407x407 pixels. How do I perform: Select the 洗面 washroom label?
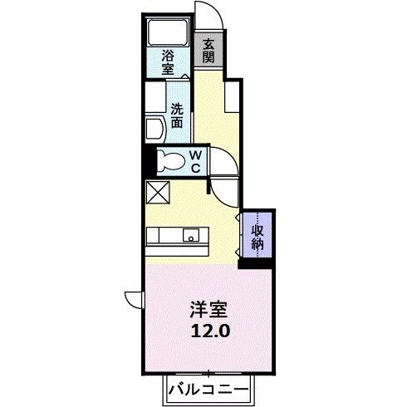click(177, 114)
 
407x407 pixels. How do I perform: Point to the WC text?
click(194, 160)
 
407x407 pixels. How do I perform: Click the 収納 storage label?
click(257, 235)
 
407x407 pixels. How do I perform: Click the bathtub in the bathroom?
click(169, 34)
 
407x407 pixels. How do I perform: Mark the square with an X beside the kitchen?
click(158, 193)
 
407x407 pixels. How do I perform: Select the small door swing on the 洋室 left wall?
click(134, 297)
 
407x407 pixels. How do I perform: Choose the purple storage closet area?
click(257, 235)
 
